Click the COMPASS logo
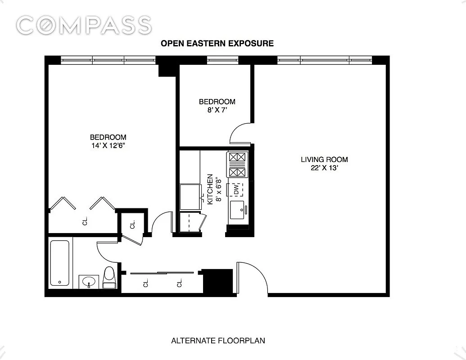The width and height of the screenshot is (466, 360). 84,25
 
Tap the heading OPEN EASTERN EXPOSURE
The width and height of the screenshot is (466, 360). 217,43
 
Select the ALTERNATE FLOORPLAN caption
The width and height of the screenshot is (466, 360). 218,340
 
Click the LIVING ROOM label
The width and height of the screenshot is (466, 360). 324,159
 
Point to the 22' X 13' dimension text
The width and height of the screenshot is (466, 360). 325,168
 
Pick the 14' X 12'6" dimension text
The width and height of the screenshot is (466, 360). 108,145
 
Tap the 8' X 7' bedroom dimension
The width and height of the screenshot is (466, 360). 217,110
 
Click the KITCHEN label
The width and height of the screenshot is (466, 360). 210,189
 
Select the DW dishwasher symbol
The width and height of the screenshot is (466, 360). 236,189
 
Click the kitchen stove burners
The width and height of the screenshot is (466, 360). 237,165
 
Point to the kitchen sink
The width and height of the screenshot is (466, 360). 237,210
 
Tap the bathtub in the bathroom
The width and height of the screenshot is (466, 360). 60,263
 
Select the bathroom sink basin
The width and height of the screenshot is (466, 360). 89,281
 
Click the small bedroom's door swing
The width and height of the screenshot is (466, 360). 241,133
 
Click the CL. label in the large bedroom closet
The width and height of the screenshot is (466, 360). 85,221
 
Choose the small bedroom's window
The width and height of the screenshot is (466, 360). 223,60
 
